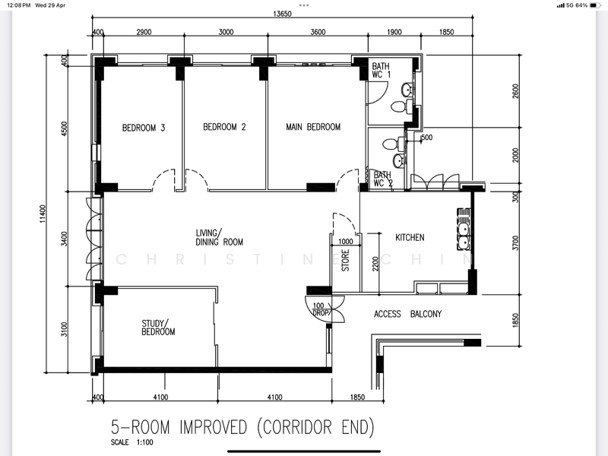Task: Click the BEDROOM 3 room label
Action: [144, 128]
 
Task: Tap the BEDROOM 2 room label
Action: [224, 127]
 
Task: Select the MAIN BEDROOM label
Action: [313, 127]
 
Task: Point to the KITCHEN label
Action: [410, 237]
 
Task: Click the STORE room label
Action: [346, 260]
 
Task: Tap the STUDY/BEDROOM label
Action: [158, 328]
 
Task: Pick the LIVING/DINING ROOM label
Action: [220, 238]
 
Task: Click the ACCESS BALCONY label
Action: [407, 314]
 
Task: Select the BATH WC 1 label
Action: [382, 70]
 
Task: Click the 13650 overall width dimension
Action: [282, 14]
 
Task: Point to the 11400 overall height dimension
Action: [43, 214]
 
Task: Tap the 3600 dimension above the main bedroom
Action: [318, 32]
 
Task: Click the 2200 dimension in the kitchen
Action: [375, 264]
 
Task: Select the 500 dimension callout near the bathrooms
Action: [426, 138]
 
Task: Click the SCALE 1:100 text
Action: [131, 442]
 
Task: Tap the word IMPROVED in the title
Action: [214, 427]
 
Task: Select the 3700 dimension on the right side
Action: [515, 243]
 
